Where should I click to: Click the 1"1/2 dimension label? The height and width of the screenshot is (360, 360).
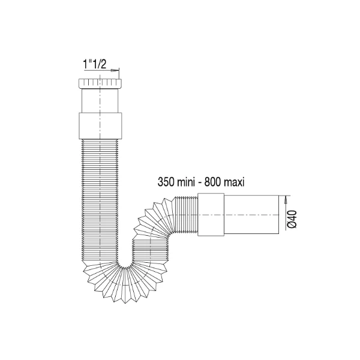click(95, 64)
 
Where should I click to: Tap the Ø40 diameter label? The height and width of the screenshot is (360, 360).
click(293, 219)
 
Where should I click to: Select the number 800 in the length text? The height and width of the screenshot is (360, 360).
click(212, 182)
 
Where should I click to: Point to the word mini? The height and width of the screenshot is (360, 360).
click(186, 182)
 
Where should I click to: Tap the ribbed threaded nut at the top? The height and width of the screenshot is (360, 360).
click(100, 83)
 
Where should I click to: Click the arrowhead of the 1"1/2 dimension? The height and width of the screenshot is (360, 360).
click(115, 70)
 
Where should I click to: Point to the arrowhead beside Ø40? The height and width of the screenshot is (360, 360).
click(285, 200)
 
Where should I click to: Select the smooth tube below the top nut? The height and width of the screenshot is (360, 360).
click(100, 101)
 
